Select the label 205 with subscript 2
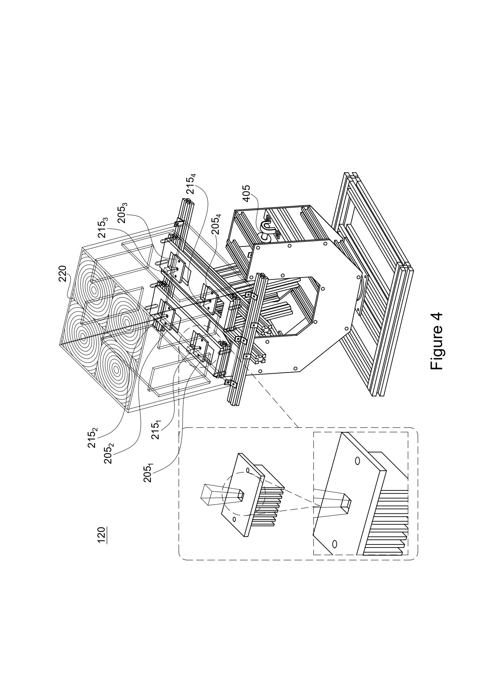pos(109,453)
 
